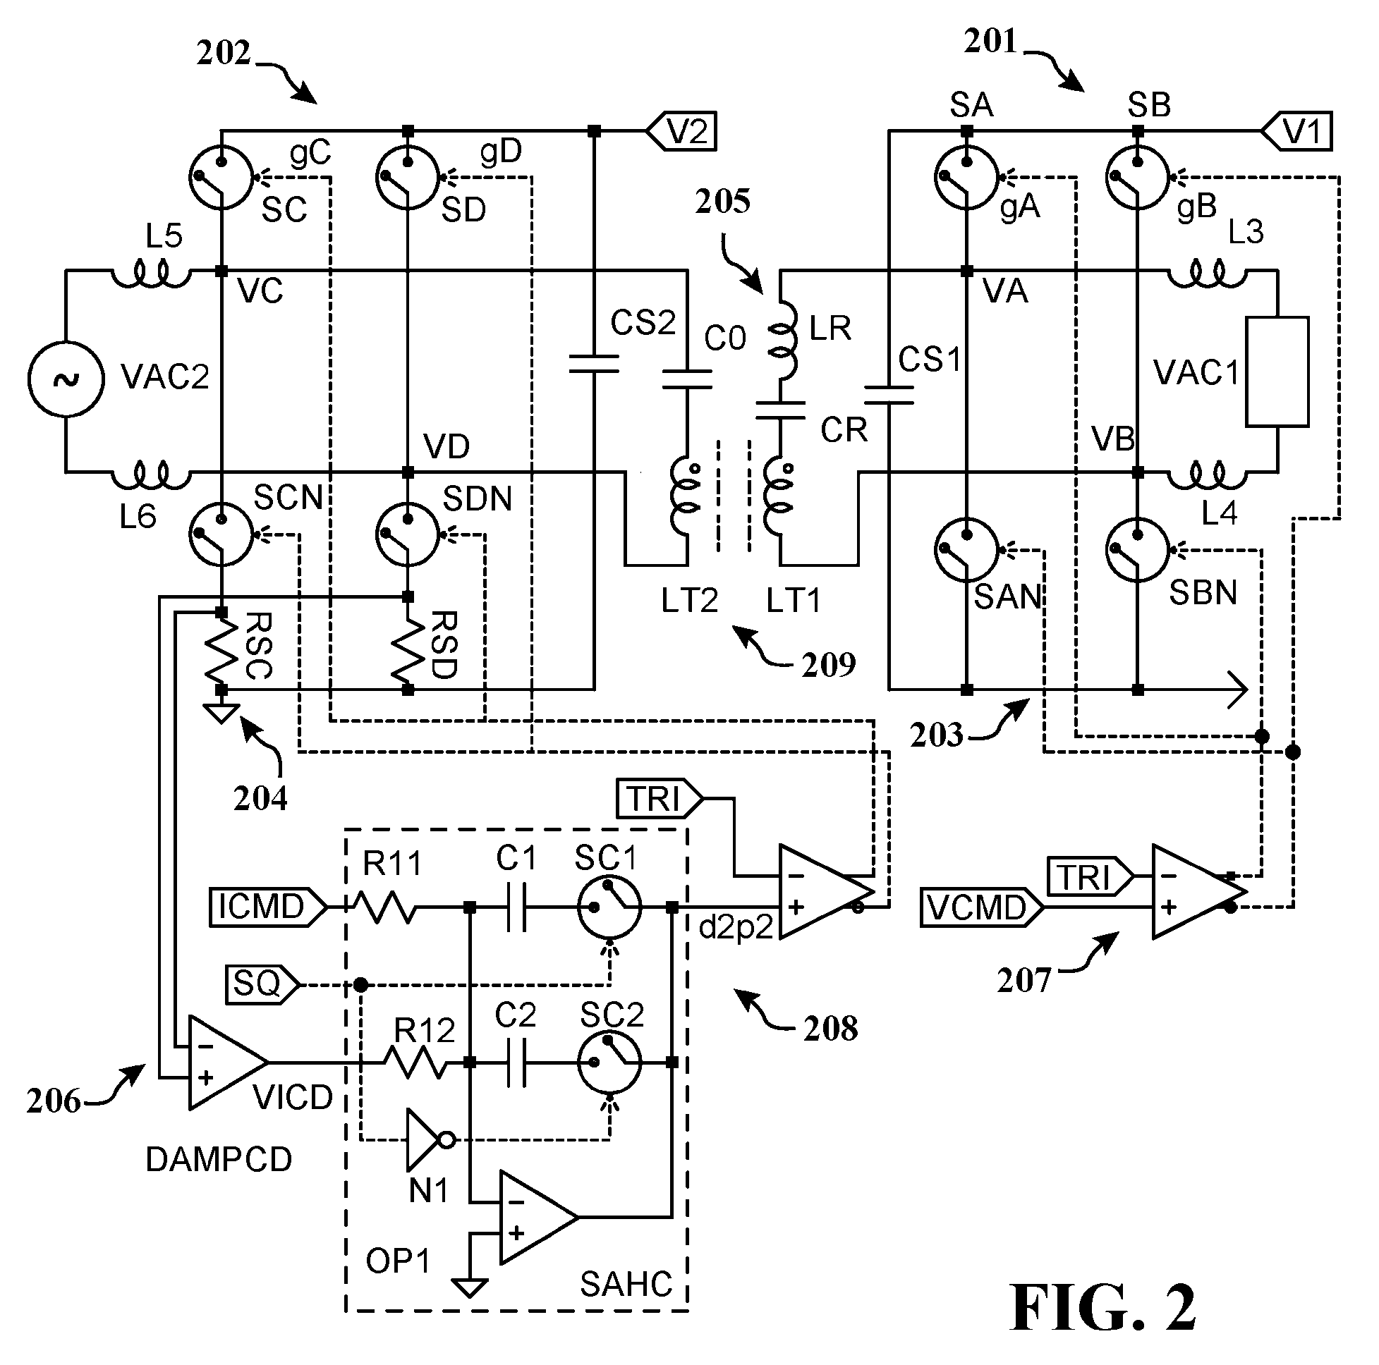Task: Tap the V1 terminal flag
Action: [x=1296, y=131]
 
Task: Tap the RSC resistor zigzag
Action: [x=221, y=651]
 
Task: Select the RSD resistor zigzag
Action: [x=408, y=651]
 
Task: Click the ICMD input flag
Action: [x=268, y=907]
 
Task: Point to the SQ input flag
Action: [x=262, y=985]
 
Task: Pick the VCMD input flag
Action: [x=982, y=907]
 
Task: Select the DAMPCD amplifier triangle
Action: [x=229, y=1063]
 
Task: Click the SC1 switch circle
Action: [x=609, y=907]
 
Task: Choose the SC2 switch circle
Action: [x=609, y=1063]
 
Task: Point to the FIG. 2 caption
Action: [x=1102, y=1306]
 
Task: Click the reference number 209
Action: [x=828, y=665]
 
